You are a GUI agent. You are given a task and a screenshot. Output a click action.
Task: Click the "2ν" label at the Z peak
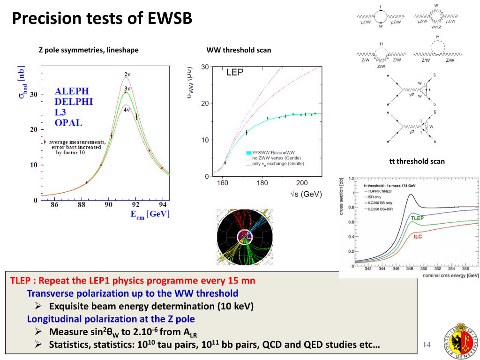tap(127, 75)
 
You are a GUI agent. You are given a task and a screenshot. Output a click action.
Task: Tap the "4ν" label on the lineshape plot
tap(127, 110)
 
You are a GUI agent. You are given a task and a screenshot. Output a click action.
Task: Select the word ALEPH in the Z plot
tap(71, 91)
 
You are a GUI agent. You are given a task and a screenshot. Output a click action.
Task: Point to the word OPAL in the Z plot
tap(68, 123)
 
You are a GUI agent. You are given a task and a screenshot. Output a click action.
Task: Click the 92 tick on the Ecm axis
tap(136, 205)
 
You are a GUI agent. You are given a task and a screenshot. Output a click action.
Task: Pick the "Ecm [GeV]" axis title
tap(150, 214)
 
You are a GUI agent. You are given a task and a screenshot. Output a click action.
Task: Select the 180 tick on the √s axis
tap(262, 183)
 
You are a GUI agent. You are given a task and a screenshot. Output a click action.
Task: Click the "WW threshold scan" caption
tap(239, 50)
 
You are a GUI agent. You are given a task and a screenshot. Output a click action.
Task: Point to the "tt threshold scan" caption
tap(417, 161)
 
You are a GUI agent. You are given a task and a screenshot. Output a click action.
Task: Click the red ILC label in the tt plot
tap(417, 237)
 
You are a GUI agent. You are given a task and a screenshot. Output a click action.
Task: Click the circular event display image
tap(244, 237)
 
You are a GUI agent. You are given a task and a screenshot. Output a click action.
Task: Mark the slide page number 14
tap(427, 345)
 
